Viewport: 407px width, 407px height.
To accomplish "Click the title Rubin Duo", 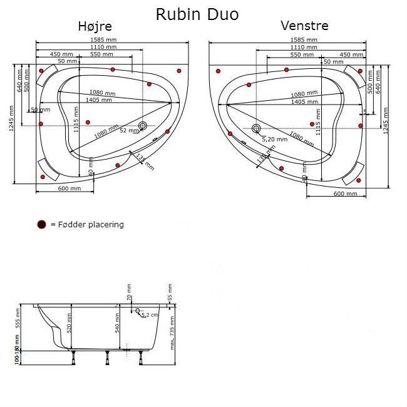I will click(197, 14).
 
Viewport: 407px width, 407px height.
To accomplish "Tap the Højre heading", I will click(95, 26).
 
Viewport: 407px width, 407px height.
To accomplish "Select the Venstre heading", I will click(304, 26).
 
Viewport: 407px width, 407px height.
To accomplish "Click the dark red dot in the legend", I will click(41, 224).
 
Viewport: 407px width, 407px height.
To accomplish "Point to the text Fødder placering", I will click(91, 224).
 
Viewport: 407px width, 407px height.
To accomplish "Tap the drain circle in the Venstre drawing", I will click(255, 129).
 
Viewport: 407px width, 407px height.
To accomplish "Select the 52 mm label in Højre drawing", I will click(128, 130).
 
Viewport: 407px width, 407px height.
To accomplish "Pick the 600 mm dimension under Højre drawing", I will click(70, 188).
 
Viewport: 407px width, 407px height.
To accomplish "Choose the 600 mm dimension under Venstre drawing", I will click(345, 193).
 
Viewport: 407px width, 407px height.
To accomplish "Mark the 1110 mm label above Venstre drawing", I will click(304, 48).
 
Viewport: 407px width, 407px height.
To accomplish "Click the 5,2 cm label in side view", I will click(150, 315).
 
